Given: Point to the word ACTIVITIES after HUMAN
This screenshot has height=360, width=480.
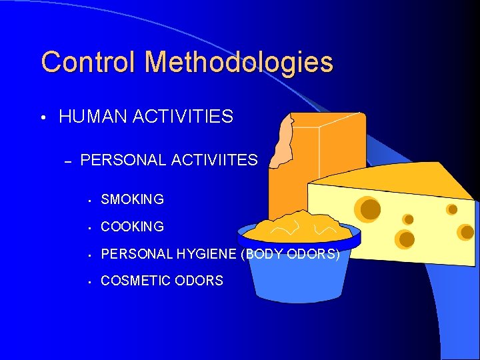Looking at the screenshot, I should [x=183, y=118].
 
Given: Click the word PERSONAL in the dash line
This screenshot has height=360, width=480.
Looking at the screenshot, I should [x=123, y=160].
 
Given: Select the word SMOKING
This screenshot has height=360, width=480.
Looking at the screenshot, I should [x=132, y=199].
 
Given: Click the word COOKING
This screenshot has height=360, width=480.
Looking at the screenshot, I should [x=132, y=227].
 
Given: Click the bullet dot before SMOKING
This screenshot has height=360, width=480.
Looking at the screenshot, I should [x=88, y=200].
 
